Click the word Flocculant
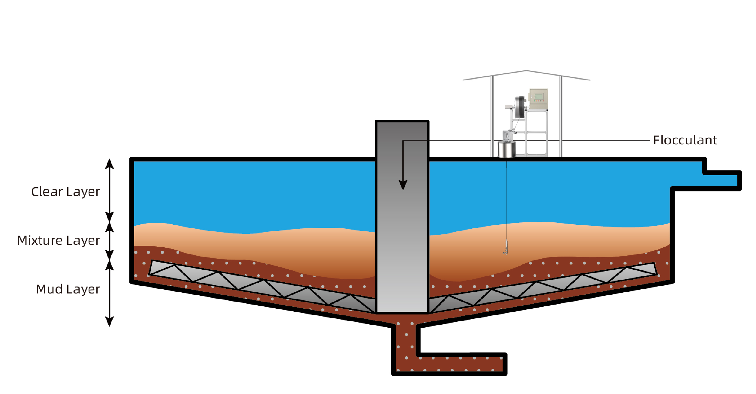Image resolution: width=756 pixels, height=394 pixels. coord(685,140)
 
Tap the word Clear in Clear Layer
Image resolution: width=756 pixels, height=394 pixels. coord(47,192)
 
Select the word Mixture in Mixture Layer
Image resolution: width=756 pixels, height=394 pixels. coord(40,241)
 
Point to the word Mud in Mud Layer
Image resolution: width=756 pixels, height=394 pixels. coord(49,289)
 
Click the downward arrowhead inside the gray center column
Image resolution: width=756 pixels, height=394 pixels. coord(403,185)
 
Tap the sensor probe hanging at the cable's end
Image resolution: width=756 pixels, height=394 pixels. coord(506,248)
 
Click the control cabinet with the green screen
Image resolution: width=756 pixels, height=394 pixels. coord(539,99)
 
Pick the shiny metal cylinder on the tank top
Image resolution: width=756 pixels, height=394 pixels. coord(507,149)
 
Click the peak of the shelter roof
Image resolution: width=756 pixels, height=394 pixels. coord(526,71)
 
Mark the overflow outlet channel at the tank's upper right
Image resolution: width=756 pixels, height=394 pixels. coord(721,181)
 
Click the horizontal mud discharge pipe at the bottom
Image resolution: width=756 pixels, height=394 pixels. coord(459,364)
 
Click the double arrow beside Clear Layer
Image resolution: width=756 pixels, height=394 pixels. coord(109,190)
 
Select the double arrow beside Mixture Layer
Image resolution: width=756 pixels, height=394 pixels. coord(109,241)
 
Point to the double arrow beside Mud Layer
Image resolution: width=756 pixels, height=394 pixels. coord(109,293)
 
